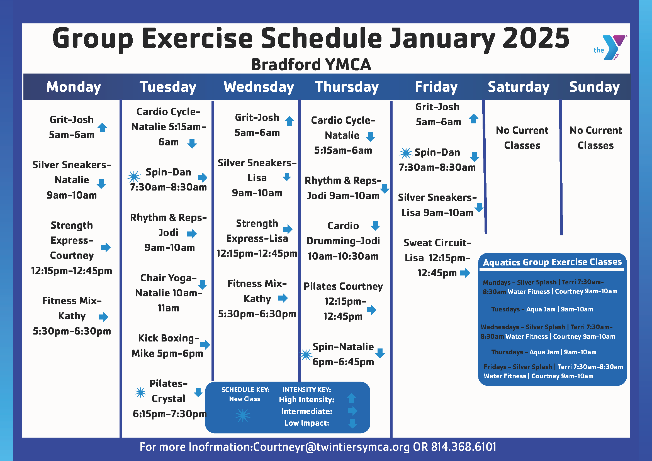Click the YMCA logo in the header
pyautogui.click(x=609, y=47)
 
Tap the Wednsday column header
pyautogui.click(x=259, y=87)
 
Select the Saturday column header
pyautogui.click(x=519, y=87)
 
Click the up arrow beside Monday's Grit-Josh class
pyautogui.click(x=102, y=128)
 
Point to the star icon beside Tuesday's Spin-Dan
pyautogui.click(x=134, y=177)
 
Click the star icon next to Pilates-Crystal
pyautogui.click(x=140, y=392)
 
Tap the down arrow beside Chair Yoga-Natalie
pyautogui.click(x=203, y=284)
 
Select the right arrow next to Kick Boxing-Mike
pyautogui.click(x=205, y=345)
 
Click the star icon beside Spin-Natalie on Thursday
pyautogui.click(x=306, y=354)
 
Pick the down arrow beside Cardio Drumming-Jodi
pyautogui.click(x=375, y=226)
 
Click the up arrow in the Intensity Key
pyautogui.click(x=352, y=398)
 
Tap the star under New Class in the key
pyautogui.click(x=243, y=415)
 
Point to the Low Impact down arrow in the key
pyautogui.click(x=352, y=423)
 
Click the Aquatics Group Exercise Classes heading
pyautogui.click(x=552, y=262)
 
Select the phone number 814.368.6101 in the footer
pyautogui.click(x=464, y=447)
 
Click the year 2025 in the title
pyautogui.click(x=536, y=38)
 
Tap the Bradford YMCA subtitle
pyautogui.click(x=311, y=64)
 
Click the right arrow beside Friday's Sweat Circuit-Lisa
pyautogui.click(x=465, y=273)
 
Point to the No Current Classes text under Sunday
pyautogui.click(x=595, y=138)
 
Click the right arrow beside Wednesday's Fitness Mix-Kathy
pyautogui.click(x=283, y=298)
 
